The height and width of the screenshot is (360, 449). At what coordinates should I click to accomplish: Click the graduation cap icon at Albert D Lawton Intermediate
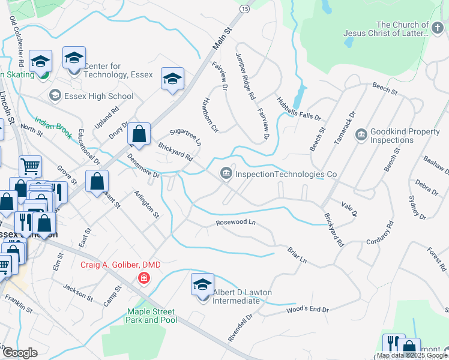point(203,283)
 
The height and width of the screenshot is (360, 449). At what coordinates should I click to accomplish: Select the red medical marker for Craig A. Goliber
point(143,277)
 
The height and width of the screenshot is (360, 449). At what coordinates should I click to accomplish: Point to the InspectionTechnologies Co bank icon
point(226,174)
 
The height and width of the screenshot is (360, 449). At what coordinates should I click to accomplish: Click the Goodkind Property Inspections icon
point(361,133)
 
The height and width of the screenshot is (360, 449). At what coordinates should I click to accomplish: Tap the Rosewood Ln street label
point(236,223)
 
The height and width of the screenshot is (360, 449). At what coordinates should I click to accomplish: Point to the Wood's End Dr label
point(308,310)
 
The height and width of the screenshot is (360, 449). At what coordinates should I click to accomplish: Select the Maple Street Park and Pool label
point(151,316)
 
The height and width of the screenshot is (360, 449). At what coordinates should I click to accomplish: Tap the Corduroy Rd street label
point(380,233)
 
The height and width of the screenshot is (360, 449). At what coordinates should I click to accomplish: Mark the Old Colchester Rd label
point(16,41)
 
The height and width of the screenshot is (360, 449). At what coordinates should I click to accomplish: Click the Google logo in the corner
point(19,352)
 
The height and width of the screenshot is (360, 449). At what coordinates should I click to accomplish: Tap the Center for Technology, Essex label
point(119,70)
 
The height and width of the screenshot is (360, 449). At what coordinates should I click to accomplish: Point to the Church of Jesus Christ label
point(387,29)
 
